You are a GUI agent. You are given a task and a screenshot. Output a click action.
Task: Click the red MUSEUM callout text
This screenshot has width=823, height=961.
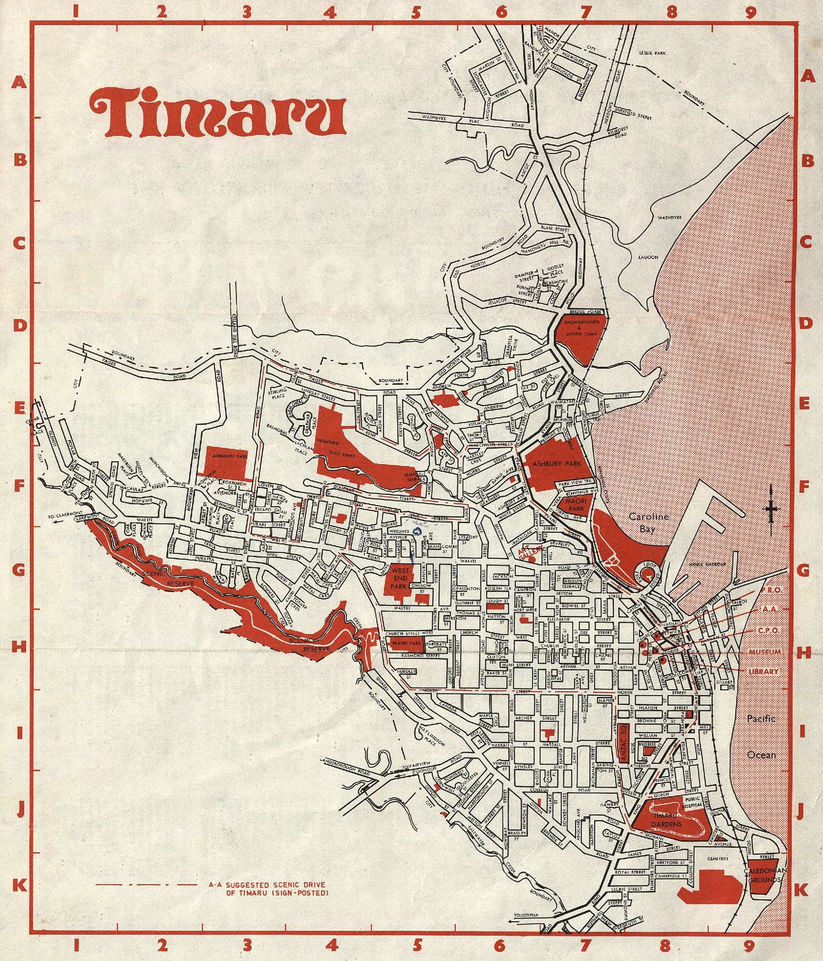(765, 652)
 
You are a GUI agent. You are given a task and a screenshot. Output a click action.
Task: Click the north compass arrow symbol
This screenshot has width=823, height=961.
(771, 509)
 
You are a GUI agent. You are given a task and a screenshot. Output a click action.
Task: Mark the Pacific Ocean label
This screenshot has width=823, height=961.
(761, 736)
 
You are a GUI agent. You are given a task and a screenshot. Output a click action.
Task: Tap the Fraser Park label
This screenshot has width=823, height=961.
(406, 644)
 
